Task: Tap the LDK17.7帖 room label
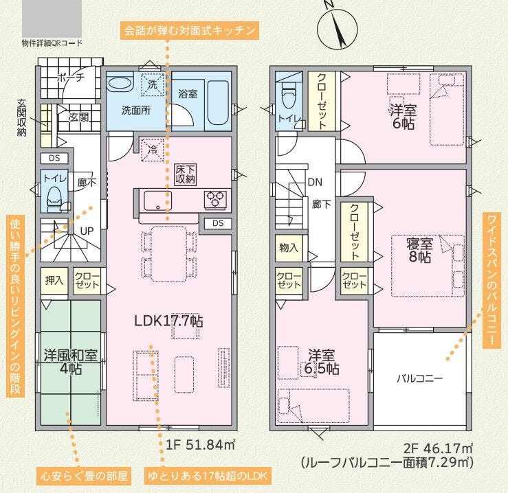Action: click(x=169, y=321)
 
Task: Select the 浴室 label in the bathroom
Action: click(x=188, y=94)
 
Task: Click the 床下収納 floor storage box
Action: click(x=186, y=174)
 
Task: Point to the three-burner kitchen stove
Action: click(x=215, y=199)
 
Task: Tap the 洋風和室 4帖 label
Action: click(x=71, y=362)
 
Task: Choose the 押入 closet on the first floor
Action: click(x=54, y=280)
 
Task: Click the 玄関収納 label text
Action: click(x=21, y=117)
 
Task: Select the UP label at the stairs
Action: click(x=87, y=231)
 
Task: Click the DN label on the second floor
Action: click(x=315, y=182)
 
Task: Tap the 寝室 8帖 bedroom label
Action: click(x=420, y=250)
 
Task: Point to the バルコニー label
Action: click(x=419, y=378)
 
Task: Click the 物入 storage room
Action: click(x=289, y=248)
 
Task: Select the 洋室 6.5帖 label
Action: click(x=322, y=362)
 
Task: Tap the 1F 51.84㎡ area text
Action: click(x=200, y=445)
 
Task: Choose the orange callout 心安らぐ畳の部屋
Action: click(x=84, y=476)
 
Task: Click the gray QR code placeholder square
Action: click(x=52, y=19)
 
